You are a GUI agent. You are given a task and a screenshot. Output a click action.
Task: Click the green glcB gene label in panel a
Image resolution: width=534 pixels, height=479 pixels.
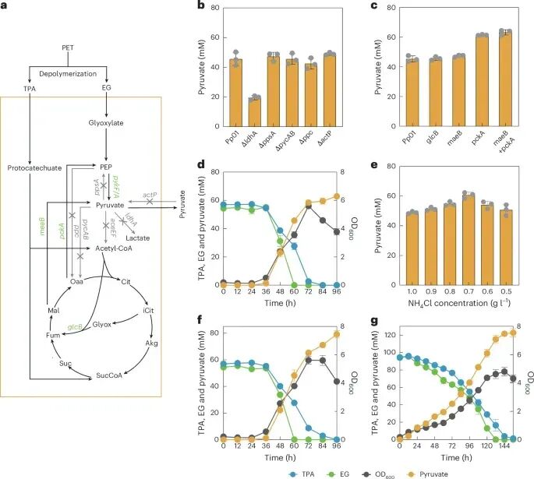point(75,327)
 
